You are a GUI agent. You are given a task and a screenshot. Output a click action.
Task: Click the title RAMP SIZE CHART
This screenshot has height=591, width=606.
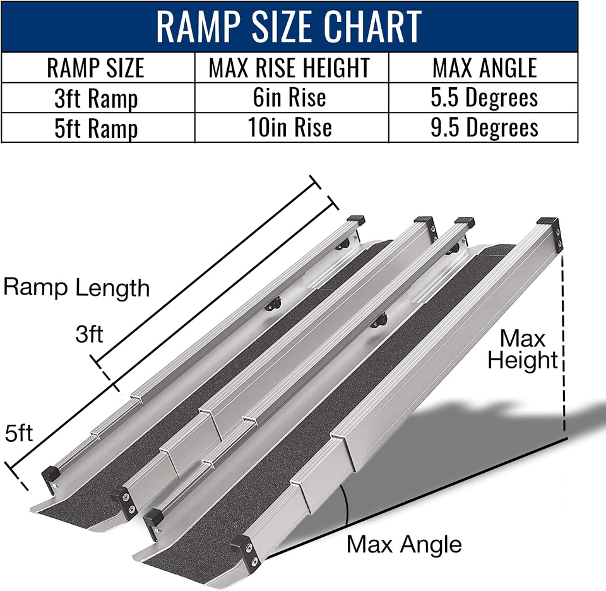[289, 26]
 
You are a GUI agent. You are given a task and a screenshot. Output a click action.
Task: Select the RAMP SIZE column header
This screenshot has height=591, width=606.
[96, 68]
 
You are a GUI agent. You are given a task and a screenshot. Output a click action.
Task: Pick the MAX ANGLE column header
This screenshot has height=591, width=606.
[484, 68]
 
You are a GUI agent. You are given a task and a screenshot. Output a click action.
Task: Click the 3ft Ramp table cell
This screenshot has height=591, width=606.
[96, 99]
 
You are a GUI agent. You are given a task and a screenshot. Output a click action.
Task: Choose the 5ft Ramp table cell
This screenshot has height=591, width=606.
[96, 128]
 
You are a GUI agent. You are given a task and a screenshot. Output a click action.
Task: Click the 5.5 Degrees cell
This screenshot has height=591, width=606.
[484, 98]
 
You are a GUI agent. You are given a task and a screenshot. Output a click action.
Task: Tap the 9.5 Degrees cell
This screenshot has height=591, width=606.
[484, 128]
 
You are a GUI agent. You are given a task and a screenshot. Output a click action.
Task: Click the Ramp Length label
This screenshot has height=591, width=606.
[76, 288]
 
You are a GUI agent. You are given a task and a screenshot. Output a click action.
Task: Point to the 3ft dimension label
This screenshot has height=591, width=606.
[89, 334]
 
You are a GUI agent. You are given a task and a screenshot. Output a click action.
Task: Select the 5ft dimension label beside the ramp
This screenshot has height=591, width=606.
[19, 434]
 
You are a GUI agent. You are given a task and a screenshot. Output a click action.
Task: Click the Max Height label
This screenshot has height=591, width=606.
[523, 350]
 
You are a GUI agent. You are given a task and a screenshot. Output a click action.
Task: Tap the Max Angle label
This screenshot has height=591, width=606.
[404, 544]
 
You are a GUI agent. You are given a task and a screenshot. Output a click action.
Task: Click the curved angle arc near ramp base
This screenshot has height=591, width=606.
[345, 506]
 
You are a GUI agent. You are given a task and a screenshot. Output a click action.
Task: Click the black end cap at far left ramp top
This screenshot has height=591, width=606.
[355, 221]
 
